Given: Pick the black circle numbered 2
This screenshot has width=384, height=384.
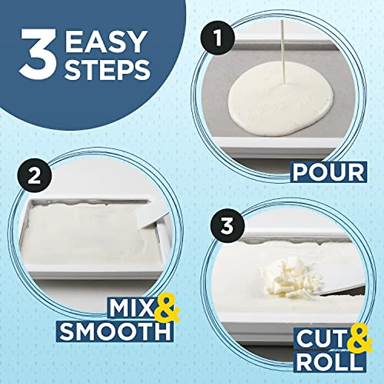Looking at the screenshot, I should [x=35, y=176].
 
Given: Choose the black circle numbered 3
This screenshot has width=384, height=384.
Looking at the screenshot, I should [x=228, y=227].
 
